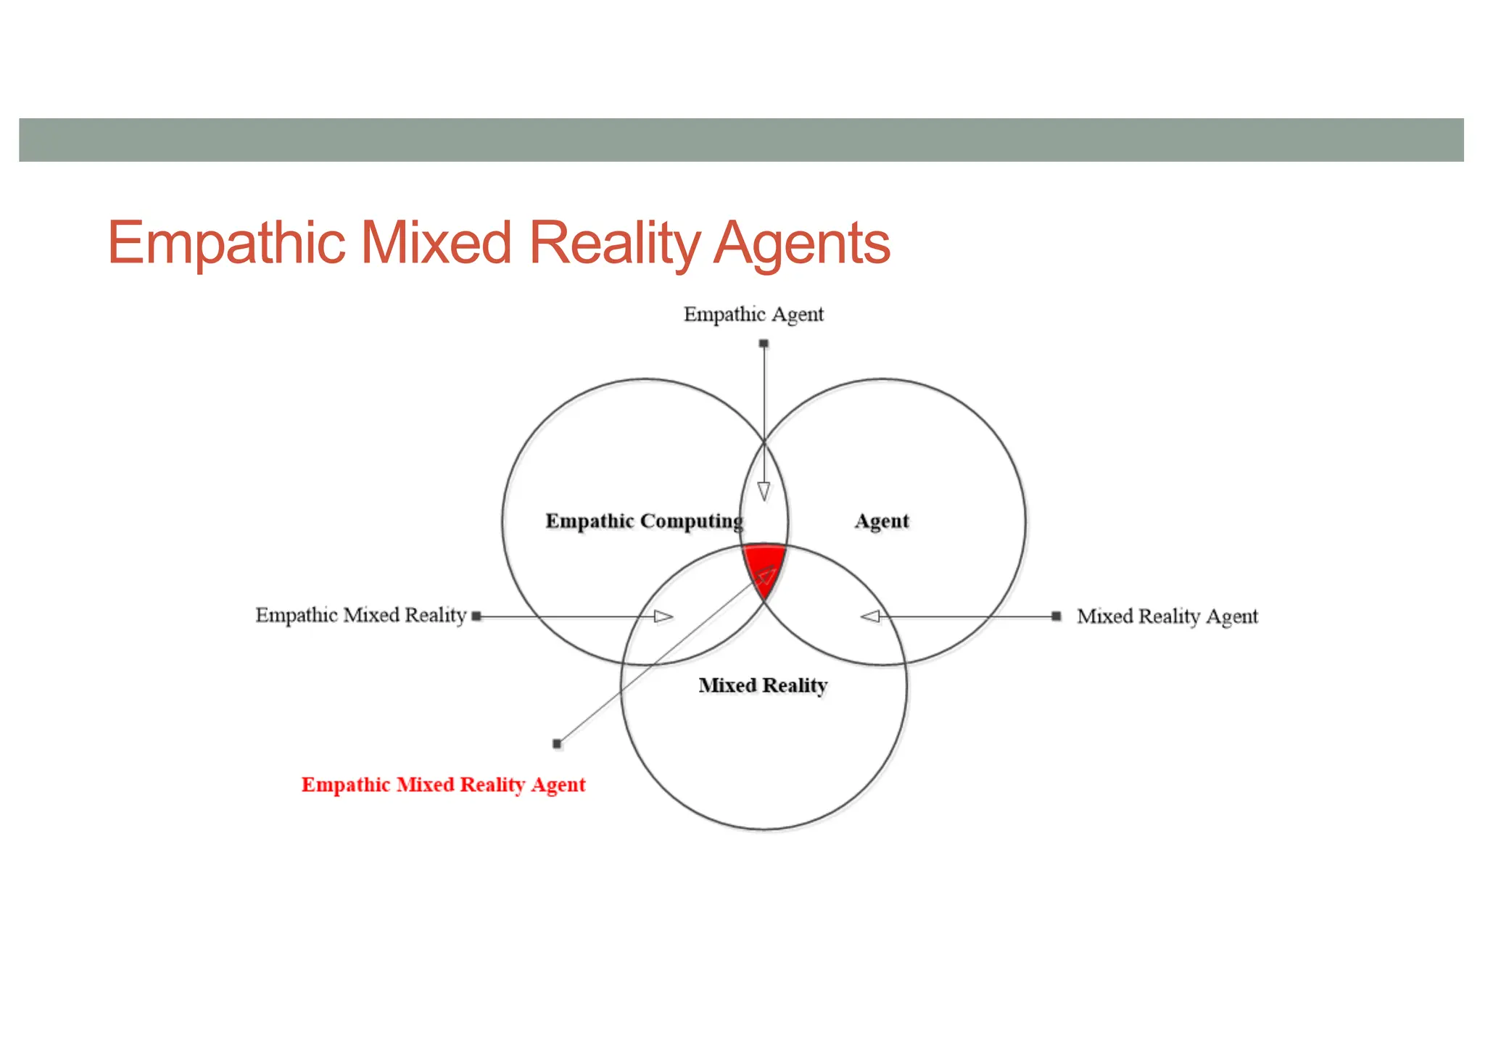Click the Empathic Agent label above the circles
pyautogui.click(x=753, y=315)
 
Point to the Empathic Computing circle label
pyautogui.click(x=644, y=521)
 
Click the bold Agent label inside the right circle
pyautogui.click(x=881, y=521)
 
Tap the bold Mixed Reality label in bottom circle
pyautogui.click(x=763, y=685)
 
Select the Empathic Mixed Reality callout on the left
pyautogui.click(x=360, y=616)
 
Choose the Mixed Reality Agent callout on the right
pyautogui.click(x=1167, y=616)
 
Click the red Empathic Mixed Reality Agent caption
pyautogui.click(x=443, y=785)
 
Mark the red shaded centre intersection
pyautogui.click(x=764, y=562)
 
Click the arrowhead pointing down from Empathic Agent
pyautogui.click(x=764, y=492)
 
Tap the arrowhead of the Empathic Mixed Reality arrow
pyautogui.click(x=663, y=616)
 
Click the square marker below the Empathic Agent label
pyautogui.click(x=764, y=344)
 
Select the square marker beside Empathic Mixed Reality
pyautogui.click(x=476, y=616)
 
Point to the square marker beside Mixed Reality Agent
pyautogui.click(x=1056, y=616)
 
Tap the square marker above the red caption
pyautogui.click(x=557, y=743)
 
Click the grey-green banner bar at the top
pyautogui.click(x=741, y=140)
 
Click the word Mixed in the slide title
pyautogui.click(x=437, y=244)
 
